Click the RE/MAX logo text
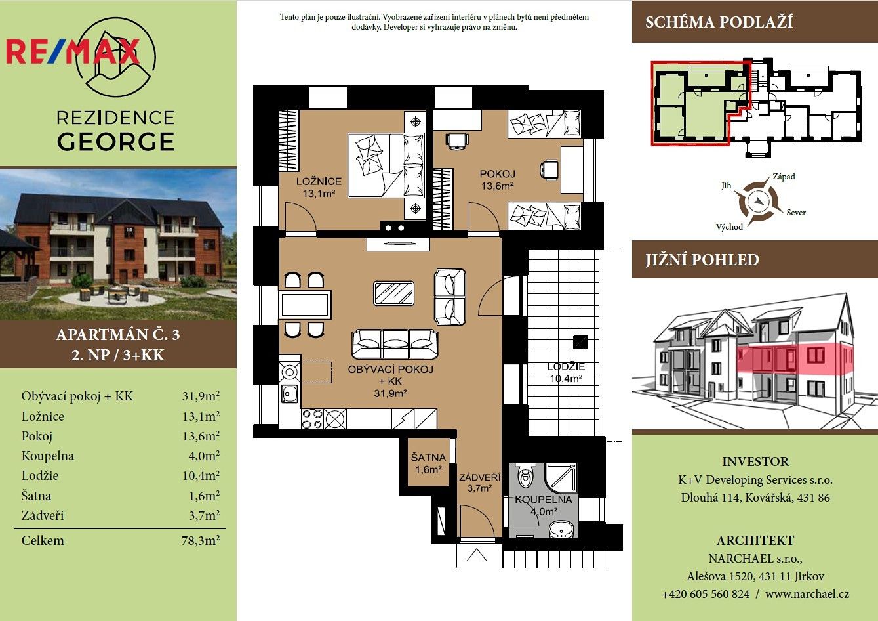(x=73, y=51)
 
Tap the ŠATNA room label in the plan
(x=428, y=458)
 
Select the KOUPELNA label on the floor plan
(x=544, y=500)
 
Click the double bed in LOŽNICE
(x=386, y=165)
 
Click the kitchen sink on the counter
(x=290, y=393)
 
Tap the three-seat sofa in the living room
(x=395, y=344)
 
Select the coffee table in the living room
(x=393, y=293)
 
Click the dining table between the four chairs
(x=305, y=305)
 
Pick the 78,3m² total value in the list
(x=200, y=540)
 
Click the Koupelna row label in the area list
(x=47, y=456)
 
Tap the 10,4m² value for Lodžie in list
(x=201, y=475)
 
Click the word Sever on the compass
(x=796, y=213)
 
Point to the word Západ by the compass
(x=784, y=177)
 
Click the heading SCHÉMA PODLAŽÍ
(x=719, y=22)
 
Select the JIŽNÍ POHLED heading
(x=702, y=259)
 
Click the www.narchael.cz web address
(x=807, y=594)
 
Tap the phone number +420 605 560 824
(x=706, y=594)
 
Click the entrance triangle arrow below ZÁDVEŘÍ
(x=477, y=555)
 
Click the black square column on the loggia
(x=580, y=343)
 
